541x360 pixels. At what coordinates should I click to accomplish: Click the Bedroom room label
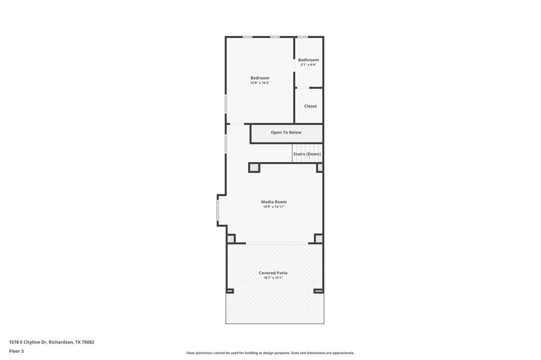click(259, 78)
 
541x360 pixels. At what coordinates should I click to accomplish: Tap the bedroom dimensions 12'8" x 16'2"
click(259, 83)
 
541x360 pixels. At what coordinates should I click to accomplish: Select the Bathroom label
click(308, 60)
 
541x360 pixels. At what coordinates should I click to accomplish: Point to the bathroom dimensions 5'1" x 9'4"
click(308, 65)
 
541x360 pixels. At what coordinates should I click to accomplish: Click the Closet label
click(310, 106)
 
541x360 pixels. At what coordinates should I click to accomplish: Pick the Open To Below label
click(286, 132)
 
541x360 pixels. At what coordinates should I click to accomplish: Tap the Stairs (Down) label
click(307, 154)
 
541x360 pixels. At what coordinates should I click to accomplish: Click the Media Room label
click(274, 202)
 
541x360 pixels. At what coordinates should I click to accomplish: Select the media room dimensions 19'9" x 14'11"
click(274, 207)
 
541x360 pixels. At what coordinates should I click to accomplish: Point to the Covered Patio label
click(273, 273)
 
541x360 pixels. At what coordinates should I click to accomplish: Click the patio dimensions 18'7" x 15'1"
click(273, 278)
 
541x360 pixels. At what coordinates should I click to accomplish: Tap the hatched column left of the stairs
click(254, 168)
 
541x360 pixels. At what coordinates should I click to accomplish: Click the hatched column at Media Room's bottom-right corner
click(319, 239)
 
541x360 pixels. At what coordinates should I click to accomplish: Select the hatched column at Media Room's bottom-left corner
click(231, 239)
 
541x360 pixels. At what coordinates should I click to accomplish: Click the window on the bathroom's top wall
click(302, 37)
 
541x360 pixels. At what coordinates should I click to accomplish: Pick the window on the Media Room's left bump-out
click(218, 210)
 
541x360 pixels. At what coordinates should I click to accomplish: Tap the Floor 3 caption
click(16, 351)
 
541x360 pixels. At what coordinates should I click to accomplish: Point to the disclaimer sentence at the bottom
click(270, 353)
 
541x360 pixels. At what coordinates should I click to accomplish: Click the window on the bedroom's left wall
click(226, 103)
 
